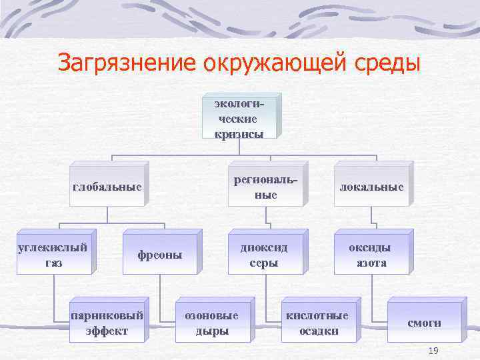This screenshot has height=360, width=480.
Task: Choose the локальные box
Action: (371, 187)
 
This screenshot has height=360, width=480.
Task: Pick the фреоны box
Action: (160, 255)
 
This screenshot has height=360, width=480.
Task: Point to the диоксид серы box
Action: (265, 255)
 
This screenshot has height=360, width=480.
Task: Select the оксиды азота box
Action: (371, 255)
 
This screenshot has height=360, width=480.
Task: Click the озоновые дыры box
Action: (211, 323)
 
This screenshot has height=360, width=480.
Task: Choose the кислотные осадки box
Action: (317, 323)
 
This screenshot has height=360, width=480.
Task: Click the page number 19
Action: (433, 351)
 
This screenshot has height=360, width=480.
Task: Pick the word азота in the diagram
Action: (371, 263)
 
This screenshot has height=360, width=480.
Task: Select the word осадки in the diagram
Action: (318, 331)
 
